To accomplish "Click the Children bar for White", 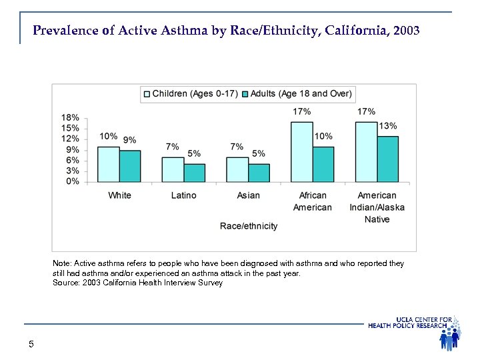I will click(x=109, y=165).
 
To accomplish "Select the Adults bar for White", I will click(x=130, y=167).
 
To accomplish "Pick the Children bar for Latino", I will click(x=173, y=170).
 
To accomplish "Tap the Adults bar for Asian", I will click(x=259, y=173).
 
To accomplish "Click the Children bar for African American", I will click(x=302, y=152).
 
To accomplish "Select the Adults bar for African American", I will click(x=323, y=165).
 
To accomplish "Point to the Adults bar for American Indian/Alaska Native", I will click(x=388, y=159).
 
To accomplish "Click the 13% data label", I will click(x=388, y=126).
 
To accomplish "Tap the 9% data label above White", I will click(x=129, y=140).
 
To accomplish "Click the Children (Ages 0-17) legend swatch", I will click(x=147, y=94).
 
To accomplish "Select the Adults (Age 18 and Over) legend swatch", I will click(x=245, y=94).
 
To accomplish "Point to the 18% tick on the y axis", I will click(x=71, y=117).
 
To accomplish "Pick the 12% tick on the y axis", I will click(x=71, y=139).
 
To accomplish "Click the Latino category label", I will click(x=183, y=195).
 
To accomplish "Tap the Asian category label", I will click(x=248, y=195).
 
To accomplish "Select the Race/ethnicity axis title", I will click(x=249, y=226).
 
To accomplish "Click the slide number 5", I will click(x=31, y=344).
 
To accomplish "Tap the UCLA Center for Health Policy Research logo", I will click(x=415, y=331).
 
